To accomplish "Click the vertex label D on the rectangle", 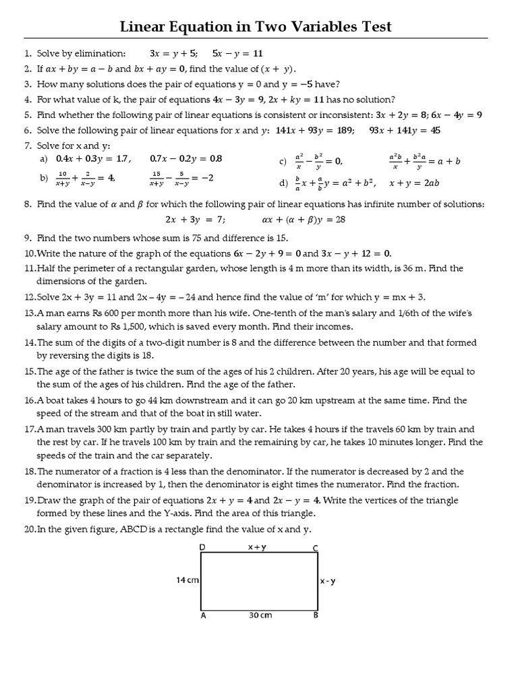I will click(x=202, y=548).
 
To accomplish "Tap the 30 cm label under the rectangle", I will click(x=260, y=615).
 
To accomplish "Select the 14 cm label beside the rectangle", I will click(x=188, y=580).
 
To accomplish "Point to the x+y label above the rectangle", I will click(x=256, y=547).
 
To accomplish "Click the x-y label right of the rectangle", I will click(x=327, y=581).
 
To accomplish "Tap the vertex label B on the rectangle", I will click(x=316, y=615).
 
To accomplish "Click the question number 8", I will click(x=28, y=204).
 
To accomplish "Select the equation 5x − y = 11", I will click(x=237, y=53).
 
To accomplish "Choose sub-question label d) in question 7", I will click(x=283, y=183).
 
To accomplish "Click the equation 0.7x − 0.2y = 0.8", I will click(x=186, y=159).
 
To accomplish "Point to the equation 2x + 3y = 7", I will click(x=195, y=220).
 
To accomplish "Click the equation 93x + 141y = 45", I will click(x=405, y=130).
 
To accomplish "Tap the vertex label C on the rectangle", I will click(x=315, y=548).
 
